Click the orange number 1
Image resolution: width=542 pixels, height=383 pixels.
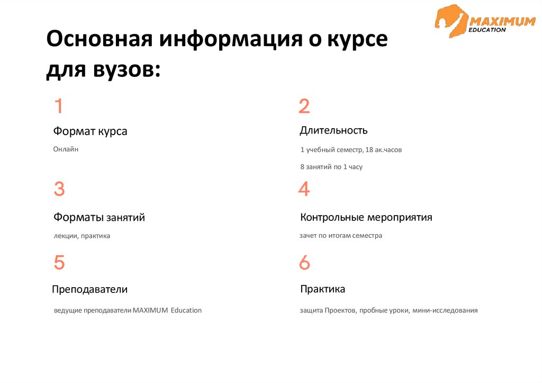tap(59, 106)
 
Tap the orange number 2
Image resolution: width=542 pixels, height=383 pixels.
tap(304, 106)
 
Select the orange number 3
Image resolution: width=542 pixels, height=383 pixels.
tap(59, 189)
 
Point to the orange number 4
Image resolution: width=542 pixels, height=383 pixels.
tap(304, 189)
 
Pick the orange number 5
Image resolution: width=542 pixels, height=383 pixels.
tap(59, 263)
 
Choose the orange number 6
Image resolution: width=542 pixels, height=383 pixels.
tap(304, 263)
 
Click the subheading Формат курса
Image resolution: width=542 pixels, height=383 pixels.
tap(90, 131)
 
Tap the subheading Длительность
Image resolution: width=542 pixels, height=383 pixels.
tap(333, 130)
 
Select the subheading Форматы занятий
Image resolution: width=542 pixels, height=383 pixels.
tap(99, 217)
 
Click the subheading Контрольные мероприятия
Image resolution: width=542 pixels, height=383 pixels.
tap(366, 217)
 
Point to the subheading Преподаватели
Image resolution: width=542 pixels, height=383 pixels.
tap(90, 290)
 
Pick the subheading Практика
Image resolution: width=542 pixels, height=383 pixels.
tap(323, 289)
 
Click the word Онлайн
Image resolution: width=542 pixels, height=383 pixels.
tap(66, 149)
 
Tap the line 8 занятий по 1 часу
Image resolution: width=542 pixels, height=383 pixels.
tap(331, 166)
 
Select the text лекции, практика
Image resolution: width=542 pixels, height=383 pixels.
tap(82, 236)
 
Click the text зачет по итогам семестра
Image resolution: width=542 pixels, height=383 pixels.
tap(341, 236)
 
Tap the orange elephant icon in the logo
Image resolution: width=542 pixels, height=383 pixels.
tap(450, 21)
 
